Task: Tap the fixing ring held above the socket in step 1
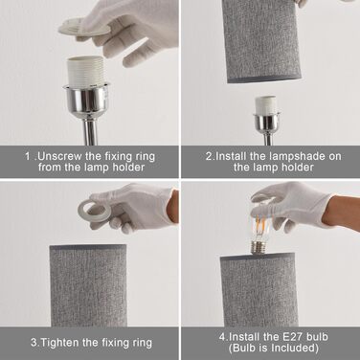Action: point(83,27)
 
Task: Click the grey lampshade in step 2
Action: point(262,41)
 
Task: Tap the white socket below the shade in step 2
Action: point(266,105)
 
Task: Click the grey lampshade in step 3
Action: point(88,285)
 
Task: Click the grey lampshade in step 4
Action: point(259,290)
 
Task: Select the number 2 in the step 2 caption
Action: point(209,157)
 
